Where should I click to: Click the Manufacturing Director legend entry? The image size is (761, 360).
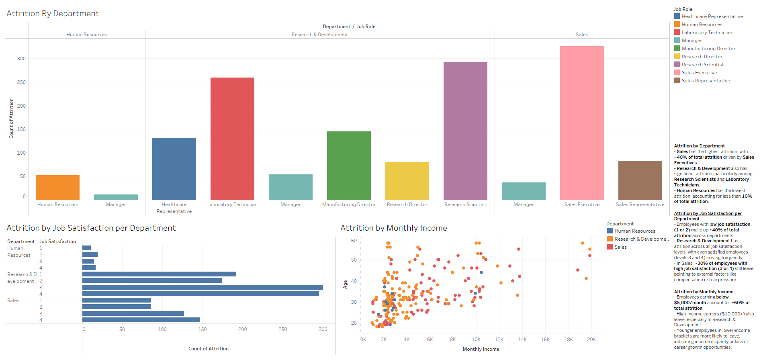tap(708, 49)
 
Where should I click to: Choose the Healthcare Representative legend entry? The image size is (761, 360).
tap(712, 16)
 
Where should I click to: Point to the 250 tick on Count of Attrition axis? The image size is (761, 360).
tap(21, 82)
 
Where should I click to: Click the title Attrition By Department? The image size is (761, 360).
tap(53, 13)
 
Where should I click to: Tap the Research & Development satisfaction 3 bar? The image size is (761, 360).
tap(203, 287)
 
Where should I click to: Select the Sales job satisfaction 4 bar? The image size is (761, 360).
tap(141, 320)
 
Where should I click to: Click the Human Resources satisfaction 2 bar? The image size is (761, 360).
tap(90, 254)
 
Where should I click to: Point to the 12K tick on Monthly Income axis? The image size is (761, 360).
tap(499, 340)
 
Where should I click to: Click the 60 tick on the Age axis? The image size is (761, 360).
tap(354, 241)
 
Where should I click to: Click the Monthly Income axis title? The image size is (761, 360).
tap(481, 349)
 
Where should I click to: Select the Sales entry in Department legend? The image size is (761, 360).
tap(620, 247)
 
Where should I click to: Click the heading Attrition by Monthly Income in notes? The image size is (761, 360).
tap(703, 292)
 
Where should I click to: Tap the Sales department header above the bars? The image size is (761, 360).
tap(581, 35)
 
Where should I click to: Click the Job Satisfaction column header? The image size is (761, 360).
tap(57, 241)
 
